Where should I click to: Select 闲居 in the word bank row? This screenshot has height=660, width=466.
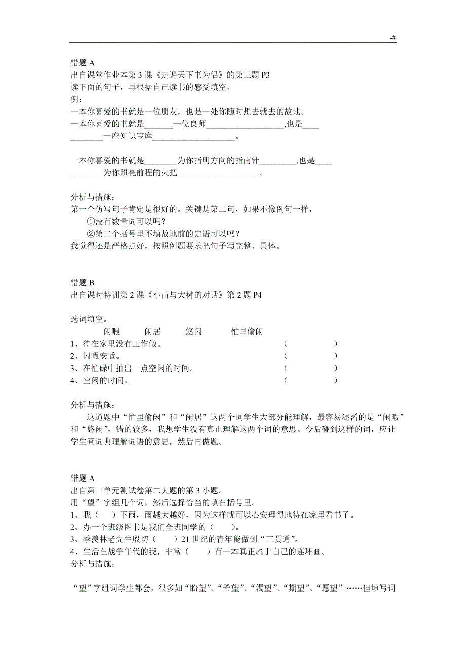point(152,332)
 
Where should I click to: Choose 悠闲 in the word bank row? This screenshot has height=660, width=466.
point(193,332)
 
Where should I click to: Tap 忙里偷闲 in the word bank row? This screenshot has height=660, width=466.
point(247,332)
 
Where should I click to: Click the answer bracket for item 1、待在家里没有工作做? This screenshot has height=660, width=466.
point(311,344)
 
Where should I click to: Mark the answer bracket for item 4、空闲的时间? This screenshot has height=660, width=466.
point(311,380)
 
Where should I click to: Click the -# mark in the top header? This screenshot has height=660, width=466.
point(393,38)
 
